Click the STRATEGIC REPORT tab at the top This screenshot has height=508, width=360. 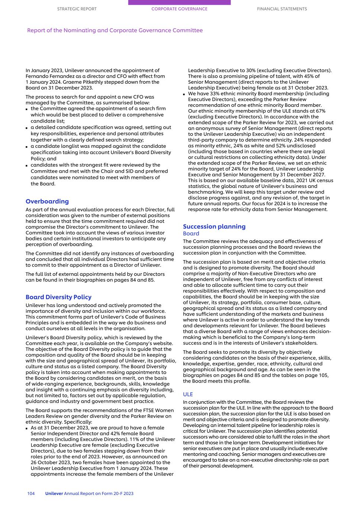click(x=77, y=9)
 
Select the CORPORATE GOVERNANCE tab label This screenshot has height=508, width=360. click(x=179, y=9)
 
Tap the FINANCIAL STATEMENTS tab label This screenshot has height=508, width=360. click(x=282, y=9)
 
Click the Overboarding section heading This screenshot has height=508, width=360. click(x=47, y=201)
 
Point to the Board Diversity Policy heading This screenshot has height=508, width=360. click(x=58, y=297)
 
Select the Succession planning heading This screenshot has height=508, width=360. click(x=214, y=226)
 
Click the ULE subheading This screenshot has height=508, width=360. click(x=188, y=394)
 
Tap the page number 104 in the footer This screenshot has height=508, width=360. click(x=31, y=493)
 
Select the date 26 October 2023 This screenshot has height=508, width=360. click(x=50, y=463)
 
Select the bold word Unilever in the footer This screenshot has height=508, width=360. click(x=54, y=493)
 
